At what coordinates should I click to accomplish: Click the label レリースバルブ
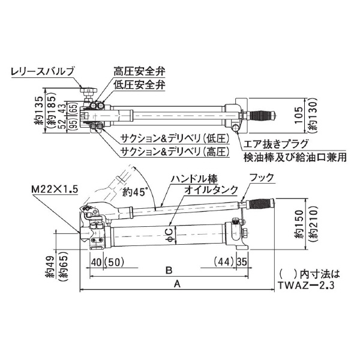click(43, 72)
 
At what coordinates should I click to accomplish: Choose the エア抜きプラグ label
click(275, 145)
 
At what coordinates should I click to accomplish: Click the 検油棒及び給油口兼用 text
click(286, 158)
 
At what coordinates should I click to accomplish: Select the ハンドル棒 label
click(193, 179)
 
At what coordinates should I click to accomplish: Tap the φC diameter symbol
click(170, 232)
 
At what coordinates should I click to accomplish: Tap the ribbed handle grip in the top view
click(262, 112)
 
